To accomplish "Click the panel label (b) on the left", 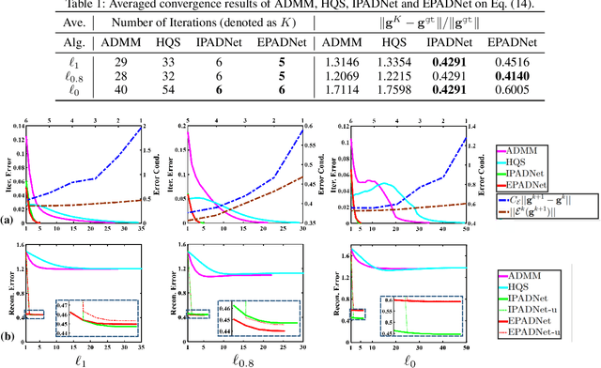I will point(7,334).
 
